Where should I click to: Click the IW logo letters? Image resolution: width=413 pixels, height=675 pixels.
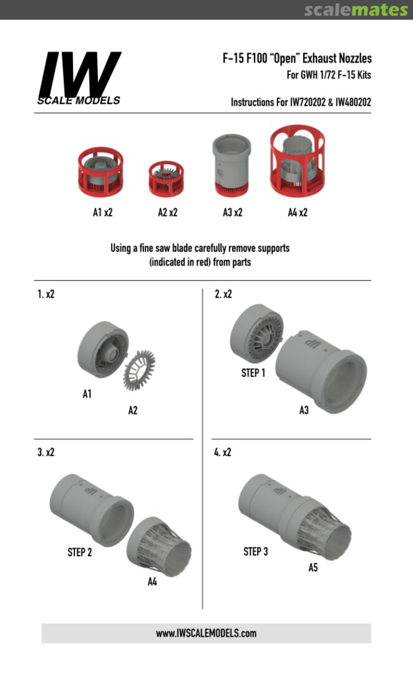79,74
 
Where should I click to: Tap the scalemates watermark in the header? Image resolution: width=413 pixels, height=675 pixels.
356,10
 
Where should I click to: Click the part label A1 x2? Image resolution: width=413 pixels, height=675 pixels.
103,212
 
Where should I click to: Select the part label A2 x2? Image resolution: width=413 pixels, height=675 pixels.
168,212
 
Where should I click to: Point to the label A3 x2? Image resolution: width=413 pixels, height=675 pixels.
233,212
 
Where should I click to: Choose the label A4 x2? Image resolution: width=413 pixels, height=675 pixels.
298,212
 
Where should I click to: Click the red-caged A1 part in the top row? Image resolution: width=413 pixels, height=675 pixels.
100,172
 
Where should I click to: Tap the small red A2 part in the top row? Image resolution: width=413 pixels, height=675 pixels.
167,179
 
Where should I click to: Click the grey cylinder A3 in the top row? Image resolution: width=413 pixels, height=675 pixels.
231,165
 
